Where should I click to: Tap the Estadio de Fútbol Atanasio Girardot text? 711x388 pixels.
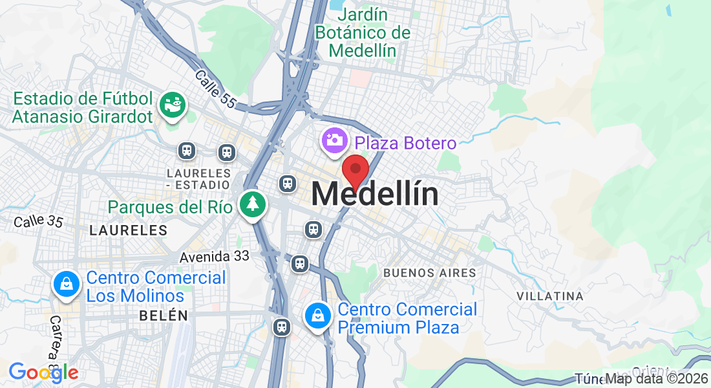click(83, 107)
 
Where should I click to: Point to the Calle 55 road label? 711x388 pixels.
click(215, 88)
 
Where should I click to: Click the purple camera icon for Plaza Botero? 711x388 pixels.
click(335, 141)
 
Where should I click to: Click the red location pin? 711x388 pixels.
click(355, 171)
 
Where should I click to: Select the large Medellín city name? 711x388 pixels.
click(375, 194)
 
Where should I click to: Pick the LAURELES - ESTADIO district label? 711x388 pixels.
click(198, 179)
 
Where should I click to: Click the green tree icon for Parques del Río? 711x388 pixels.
click(253, 204)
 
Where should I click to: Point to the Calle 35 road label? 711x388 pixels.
click(38, 221)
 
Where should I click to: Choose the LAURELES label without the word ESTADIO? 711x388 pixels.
click(128, 230)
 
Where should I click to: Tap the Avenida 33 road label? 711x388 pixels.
click(214, 257)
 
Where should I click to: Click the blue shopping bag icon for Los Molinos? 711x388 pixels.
click(66, 284)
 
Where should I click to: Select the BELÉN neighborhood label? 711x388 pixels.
click(164, 316)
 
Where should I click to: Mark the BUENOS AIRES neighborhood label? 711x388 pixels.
click(429, 273)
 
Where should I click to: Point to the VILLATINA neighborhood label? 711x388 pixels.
click(550, 296)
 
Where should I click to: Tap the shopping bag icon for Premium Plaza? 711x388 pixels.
click(318, 316)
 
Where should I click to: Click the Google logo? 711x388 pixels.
click(43, 372)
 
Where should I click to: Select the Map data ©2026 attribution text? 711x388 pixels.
click(656, 379)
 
